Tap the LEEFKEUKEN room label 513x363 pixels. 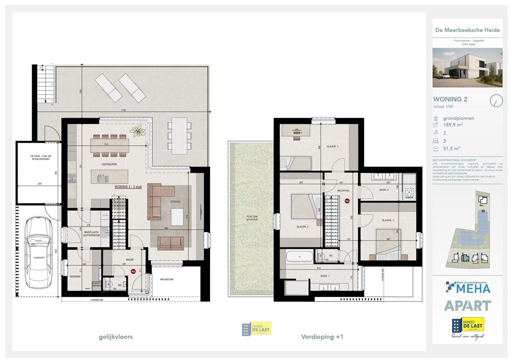coord(102,164)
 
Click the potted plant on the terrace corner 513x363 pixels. coord(137,131)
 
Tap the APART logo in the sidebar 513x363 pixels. coord(467,305)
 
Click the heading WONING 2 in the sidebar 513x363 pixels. coord(450,99)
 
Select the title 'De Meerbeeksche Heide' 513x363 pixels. coord(467,30)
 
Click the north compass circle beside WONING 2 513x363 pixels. coord(495,100)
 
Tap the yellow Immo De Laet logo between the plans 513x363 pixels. coord(256,329)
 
